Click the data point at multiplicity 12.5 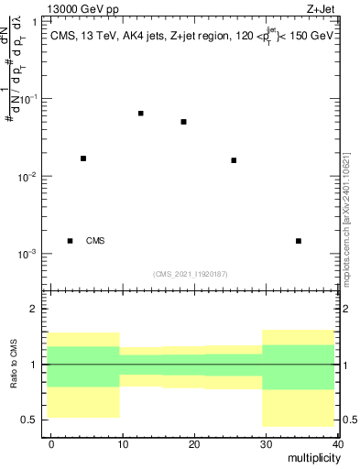(140, 114)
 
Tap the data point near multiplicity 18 (184, 122)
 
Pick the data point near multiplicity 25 (234, 160)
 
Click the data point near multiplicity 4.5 (83, 158)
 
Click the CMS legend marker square (70, 241)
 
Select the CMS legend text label (95, 241)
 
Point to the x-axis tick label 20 (193, 444)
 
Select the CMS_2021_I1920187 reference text (191, 274)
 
